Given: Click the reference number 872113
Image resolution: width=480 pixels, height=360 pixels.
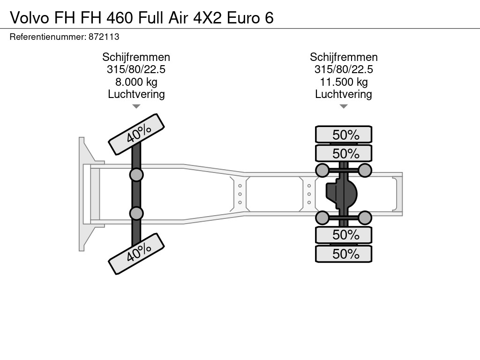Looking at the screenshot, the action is coord(104,37).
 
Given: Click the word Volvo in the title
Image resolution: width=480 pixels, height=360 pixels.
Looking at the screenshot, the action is coord(30,18).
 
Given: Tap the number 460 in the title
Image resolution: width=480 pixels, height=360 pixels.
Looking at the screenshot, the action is coord(120,18).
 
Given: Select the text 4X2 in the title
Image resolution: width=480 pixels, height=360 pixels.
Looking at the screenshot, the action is coord(207,18).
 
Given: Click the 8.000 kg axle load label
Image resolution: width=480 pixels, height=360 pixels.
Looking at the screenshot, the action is coord(136,82).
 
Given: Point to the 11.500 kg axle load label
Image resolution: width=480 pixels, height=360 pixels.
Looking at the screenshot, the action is coord(344,82).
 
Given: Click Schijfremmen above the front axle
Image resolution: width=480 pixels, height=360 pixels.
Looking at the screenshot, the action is coord(136,57).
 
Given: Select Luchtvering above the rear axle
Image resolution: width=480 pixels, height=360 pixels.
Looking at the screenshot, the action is coord(344,94).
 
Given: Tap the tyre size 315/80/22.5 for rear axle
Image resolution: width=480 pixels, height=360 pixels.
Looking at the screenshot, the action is coord(344,69).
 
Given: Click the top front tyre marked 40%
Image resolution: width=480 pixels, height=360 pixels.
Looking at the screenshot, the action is coord(136,134).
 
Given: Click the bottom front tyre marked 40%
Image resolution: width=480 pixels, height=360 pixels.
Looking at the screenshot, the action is coord(136,254).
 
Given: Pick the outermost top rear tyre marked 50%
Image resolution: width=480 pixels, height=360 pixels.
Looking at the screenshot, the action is coord(344,135).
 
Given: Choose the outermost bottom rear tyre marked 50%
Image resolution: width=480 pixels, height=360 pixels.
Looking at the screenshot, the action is coord(344,254).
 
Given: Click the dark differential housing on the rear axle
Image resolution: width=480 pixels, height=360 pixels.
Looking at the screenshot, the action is coord(342,194).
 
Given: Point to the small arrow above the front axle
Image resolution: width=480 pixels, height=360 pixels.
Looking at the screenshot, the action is coord(136,106).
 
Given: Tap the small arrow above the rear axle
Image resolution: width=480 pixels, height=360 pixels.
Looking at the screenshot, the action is coord(344,106).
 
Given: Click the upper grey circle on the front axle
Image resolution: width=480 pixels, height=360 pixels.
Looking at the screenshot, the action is coord(136,175).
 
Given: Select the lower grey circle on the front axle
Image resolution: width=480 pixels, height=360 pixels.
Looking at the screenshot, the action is coord(136,213).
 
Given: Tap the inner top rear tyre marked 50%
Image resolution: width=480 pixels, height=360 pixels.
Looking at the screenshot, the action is coord(344,153).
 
